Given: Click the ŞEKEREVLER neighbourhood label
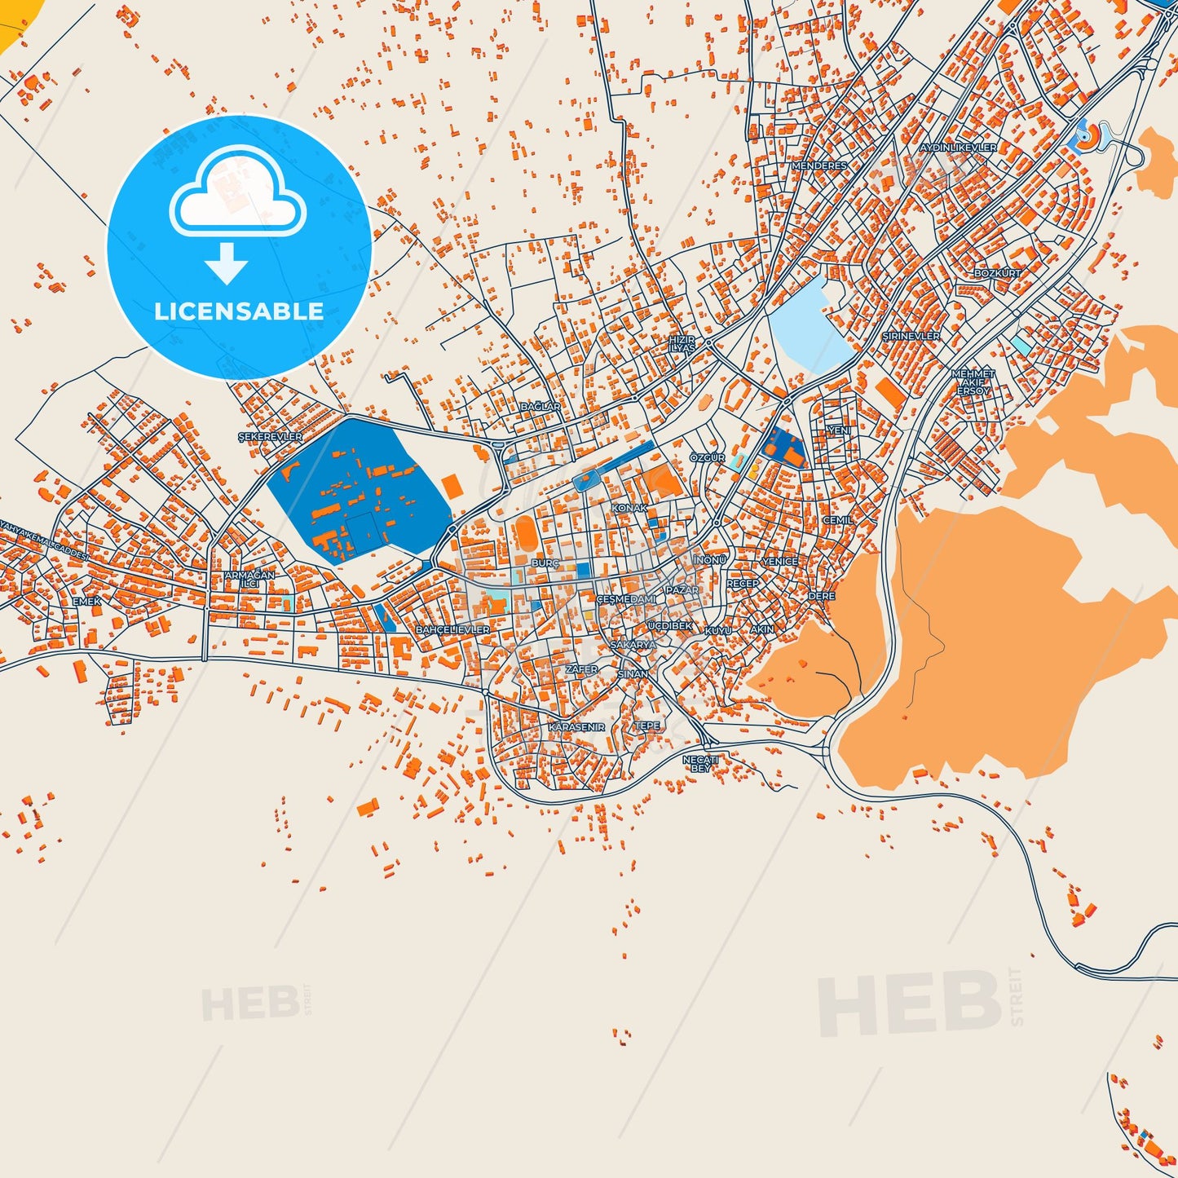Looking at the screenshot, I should pos(270,437).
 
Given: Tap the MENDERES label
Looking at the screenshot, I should pos(819,165).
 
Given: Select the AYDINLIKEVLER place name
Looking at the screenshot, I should pos(958,148).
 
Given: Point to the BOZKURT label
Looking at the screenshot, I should pos(997,273).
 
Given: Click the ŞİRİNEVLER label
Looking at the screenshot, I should pos(911,336).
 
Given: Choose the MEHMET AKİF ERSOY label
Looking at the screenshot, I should pos(973,382).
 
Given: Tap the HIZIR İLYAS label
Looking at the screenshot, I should pos(682,343).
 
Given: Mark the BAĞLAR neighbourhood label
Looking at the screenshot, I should pos(540,406).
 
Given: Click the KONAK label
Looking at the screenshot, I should pos(629,508).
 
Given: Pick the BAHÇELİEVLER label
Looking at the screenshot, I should pos(452,630).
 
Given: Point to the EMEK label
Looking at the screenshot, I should pos(87,602).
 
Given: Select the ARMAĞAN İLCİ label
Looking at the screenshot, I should pos(249,579).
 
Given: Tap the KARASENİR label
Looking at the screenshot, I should pos(576,726).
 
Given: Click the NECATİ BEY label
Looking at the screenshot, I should pos(700,764).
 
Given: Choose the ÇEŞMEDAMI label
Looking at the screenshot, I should pos(626,599).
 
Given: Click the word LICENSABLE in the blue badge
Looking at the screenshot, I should pos(239,311).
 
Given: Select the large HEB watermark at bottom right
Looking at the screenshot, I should pos(909,1004).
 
